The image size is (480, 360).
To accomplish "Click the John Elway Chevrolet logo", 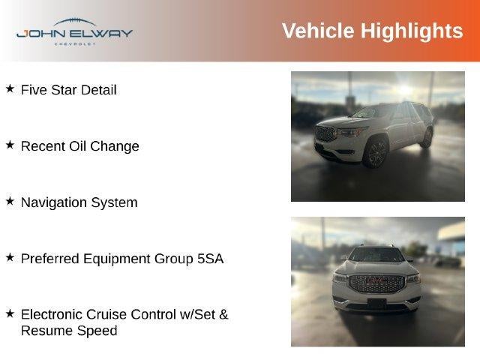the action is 74,31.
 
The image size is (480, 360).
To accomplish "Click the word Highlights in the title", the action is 412,31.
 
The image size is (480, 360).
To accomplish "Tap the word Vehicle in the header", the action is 318,31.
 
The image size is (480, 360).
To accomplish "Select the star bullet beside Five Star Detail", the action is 10,88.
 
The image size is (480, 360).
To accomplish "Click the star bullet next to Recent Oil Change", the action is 10,145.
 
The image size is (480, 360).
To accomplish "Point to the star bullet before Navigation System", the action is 10,201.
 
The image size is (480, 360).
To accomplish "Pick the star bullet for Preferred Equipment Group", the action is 10,257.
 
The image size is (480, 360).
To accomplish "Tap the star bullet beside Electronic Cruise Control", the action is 10,313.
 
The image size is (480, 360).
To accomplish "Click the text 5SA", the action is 210,259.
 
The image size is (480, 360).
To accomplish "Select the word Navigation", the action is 54,203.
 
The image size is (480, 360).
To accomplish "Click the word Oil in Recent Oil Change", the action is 78,146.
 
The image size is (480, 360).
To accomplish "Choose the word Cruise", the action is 106,314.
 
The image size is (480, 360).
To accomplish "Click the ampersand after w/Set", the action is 223,314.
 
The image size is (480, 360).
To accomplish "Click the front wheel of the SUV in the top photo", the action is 376,152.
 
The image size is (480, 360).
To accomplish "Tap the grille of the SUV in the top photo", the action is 325,133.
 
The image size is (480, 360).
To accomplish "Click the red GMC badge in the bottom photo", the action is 376,280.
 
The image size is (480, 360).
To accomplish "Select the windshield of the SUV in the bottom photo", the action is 376,254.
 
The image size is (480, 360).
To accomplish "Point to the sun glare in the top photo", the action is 405,89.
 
